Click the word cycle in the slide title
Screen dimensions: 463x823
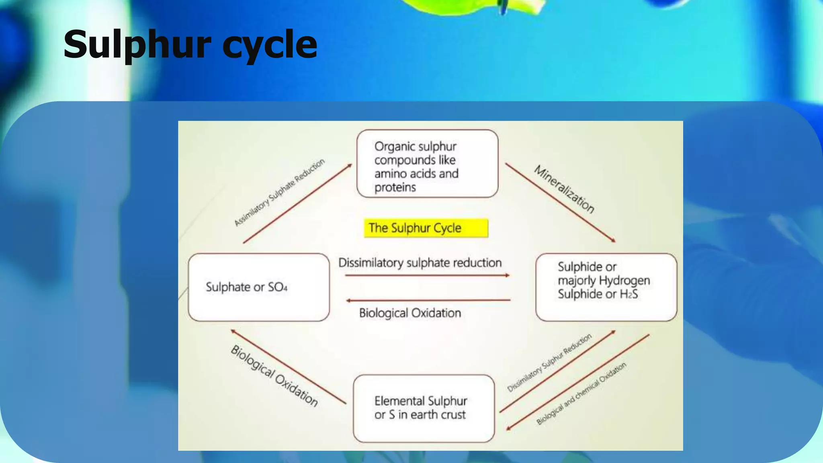coord(270,45)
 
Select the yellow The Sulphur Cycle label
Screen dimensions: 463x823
coord(426,228)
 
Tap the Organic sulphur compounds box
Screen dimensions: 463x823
coord(427,164)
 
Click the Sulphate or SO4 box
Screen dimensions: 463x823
coord(258,287)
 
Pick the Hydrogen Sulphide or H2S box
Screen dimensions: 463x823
coord(606,287)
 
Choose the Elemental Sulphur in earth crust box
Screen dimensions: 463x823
coord(424,408)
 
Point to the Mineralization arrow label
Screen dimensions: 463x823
coord(564,189)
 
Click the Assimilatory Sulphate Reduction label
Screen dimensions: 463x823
coord(279,192)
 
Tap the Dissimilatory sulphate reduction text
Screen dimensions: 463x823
coord(420,263)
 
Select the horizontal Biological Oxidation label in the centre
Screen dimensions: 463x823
coord(410,313)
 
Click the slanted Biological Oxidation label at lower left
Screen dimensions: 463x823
coord(274,376)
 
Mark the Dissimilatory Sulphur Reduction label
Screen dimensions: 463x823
coord(549,363)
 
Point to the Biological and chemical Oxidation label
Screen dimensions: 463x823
coord(581,393)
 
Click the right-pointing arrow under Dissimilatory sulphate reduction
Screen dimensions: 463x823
coord(427,276)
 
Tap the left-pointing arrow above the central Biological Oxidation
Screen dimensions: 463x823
coord(428,300)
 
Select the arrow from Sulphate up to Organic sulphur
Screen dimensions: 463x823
coord(297,203)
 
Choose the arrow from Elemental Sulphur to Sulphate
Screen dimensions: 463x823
coord(288,367)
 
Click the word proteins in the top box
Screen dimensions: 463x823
coord(395,187)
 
